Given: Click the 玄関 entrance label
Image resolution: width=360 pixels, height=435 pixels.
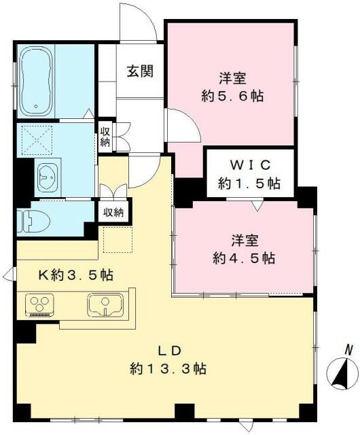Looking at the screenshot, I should pyautogui.click(x=141, y=71).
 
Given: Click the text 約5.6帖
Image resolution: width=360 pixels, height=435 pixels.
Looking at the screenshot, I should pyautogui.click(x=231, y=96).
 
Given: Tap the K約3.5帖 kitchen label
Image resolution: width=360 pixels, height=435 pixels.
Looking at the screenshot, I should pyautogui.click(x=75, y=275).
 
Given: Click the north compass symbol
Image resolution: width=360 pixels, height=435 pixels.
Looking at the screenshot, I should pyautogui.click(x=343, y=374).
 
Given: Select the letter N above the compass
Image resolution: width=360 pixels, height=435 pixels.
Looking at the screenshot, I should pyautogui.click(x=348, y=349).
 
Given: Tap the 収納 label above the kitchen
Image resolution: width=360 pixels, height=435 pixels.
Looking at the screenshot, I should pyautogui.click(x=113, y=212).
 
